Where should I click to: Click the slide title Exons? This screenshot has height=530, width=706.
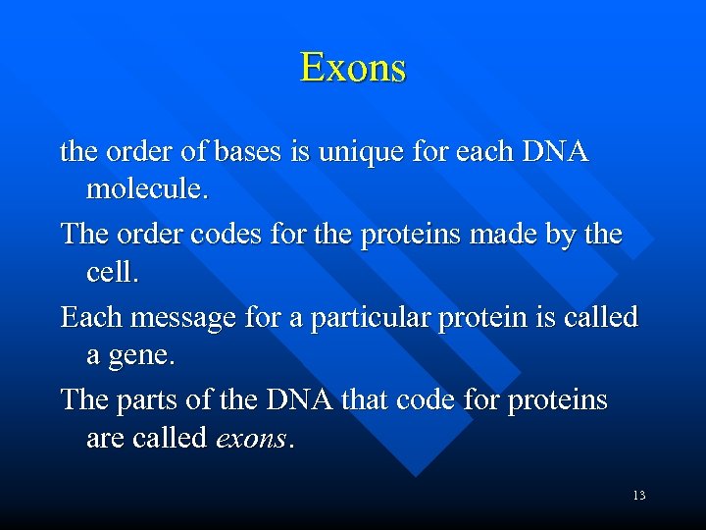pyautogui.click(x=353, y=68)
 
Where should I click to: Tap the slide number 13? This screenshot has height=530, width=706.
pyautogui.click(x=638, y=496)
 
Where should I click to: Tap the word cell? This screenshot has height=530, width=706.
pyautogui.click(x=112, y=272)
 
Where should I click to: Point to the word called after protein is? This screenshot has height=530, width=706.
pyautogui.click(x=599, y=318)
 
